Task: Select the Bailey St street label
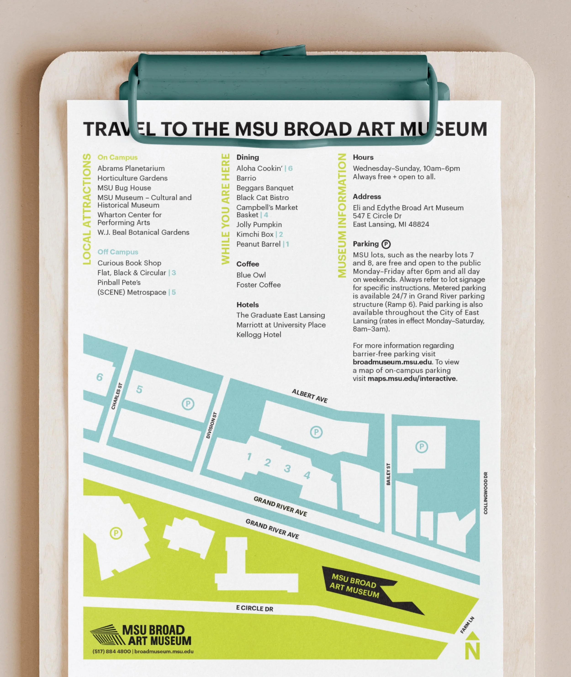389,474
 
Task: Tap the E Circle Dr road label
254,608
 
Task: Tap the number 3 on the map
287,468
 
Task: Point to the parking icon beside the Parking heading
386,244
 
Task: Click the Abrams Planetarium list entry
131,168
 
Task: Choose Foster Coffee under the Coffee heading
258,285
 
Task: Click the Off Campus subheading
118,252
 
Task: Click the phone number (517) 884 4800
112,651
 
